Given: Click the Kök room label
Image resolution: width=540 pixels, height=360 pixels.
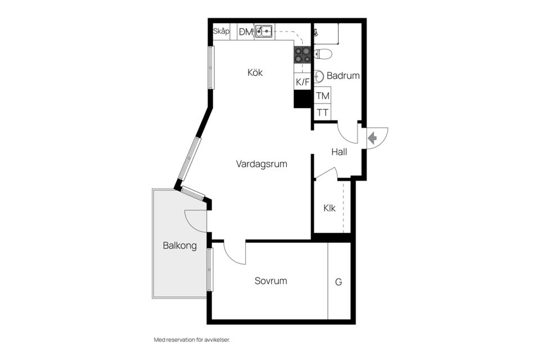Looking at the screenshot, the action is (x=255, y=73).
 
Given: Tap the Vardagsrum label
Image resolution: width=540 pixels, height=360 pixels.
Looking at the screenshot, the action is (x=262, y=164).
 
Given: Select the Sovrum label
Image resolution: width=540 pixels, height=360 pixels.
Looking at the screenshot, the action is (x=271, y=281).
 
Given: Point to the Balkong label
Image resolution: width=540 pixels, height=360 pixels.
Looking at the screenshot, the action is (x=180, y=246).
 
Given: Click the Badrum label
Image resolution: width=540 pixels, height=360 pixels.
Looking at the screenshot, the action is (x=343, y=76).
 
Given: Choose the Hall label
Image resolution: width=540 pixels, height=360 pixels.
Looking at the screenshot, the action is (x=339, y=152).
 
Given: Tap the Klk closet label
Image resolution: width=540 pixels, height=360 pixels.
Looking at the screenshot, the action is (x=329, y=208).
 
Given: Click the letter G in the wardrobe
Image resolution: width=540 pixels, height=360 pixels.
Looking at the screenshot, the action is (x=339, y=282).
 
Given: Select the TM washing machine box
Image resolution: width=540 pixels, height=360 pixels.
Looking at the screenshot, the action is (x=323, y=96).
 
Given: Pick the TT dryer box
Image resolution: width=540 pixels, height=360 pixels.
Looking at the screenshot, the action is (x=323, y=112).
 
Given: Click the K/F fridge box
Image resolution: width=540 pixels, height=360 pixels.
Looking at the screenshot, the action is (x=303, y=82).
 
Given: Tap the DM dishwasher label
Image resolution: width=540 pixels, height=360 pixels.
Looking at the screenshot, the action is (x=246, y=32).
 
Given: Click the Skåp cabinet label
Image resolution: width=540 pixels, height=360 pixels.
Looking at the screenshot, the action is (x=221, y=31).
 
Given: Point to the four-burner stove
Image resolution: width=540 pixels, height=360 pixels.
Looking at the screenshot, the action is (x=303, y=55).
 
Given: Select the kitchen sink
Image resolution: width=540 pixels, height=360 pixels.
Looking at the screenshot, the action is (x=264, y=31).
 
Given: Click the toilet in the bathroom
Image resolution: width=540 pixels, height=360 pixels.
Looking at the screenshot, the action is (x=323, y=54).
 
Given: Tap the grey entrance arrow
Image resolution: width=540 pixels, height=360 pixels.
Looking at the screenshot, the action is (x=372, y=138).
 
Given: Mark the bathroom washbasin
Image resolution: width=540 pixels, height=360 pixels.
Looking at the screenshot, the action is (x=318, y=76).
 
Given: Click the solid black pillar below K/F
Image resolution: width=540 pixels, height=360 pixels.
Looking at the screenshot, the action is (x=303, y=99).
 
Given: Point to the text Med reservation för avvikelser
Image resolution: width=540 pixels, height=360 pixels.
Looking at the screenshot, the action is (x=192, y=340).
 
